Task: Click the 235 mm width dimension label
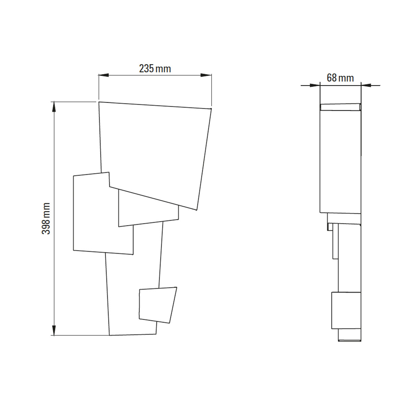(155, 69)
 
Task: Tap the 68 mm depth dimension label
(340, 78)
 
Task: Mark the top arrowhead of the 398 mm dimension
(53, 106)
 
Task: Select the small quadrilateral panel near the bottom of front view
(157, 304)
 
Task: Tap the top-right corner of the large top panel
(211, 109)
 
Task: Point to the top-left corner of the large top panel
(99, 102)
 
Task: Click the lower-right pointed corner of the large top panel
(195, 210)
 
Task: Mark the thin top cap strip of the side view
(340, 107)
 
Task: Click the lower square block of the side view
(346, 310)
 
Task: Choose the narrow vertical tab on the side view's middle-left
(335, 241)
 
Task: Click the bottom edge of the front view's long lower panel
(133, 335)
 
